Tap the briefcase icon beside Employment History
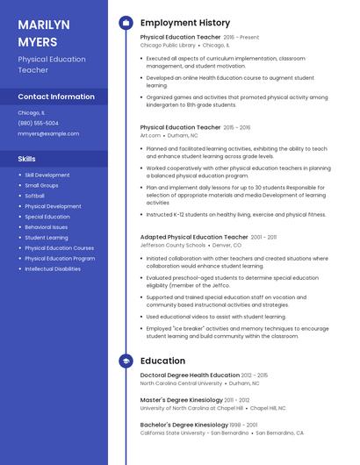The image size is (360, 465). [126, 23]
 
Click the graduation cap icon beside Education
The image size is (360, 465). [126, 361]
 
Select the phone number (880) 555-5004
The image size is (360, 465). [39, 123]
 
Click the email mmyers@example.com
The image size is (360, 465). [48, 134]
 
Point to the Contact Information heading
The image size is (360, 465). [56, 97]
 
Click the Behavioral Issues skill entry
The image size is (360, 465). [46, 227]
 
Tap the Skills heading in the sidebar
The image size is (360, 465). [27, 159]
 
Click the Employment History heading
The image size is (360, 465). [185, 23]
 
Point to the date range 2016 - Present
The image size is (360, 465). [241, 38]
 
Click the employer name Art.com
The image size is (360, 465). [150, 136]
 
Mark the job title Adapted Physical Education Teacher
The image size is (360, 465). [194, 237]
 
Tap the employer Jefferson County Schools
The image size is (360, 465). [172, 245]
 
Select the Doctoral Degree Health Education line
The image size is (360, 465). [190, 376]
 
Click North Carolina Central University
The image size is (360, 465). [181, 383]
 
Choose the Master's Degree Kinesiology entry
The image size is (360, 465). [178, 400]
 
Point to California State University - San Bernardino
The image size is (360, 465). [194, 433]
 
